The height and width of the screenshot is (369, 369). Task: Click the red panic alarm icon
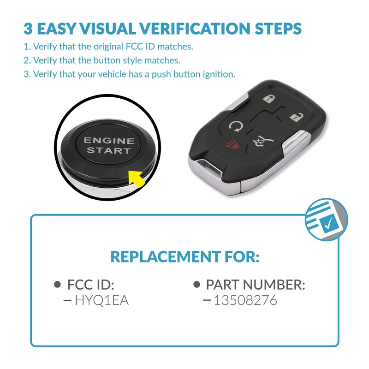pos(231,146)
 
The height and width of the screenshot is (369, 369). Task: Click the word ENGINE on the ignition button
pos(108,141)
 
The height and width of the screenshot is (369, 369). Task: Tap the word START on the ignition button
pos(109,151)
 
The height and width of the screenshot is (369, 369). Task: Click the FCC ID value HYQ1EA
pos(101,301)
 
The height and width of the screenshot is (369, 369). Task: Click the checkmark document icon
pos(327,220)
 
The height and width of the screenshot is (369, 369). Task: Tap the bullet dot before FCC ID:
pos(58,285)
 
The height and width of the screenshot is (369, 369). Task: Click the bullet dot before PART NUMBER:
pos(196,285)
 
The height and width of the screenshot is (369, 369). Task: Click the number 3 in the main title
pos(28,28)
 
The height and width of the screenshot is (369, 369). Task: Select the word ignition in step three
pos(221,74)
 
